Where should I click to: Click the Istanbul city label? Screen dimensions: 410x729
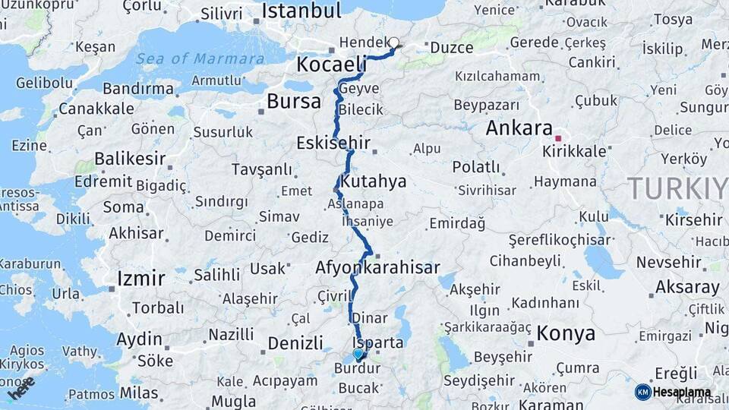tap(301, 11)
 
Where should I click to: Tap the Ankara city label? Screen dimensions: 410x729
tap(519, 128)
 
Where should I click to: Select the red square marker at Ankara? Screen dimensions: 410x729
tap(558, 138)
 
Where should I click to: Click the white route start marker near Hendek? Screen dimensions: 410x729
tap(394, 43)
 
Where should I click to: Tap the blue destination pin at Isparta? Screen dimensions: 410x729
tap(358, 353)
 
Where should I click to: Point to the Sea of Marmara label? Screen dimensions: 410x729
tap(200, 58)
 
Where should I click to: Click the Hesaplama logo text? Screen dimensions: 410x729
tap(682, 392)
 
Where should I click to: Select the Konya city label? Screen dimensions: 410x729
tap(566, 333)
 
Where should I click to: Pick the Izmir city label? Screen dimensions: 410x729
tap(140, 279)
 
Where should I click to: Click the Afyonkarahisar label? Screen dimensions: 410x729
tap(377, 267)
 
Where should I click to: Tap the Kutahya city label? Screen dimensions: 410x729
tap(373, 182)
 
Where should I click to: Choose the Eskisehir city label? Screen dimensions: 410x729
tap(333, 143)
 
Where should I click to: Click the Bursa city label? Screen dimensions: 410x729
tap(294, 102)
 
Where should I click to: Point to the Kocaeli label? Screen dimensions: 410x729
tap(331, 65)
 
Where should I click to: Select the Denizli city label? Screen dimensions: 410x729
tap(295, 343)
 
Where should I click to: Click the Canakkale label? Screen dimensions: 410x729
tap(96, 109)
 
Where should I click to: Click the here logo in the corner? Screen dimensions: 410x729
tap(21, 389)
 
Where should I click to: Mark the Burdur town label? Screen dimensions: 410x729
tap(357, 369)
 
